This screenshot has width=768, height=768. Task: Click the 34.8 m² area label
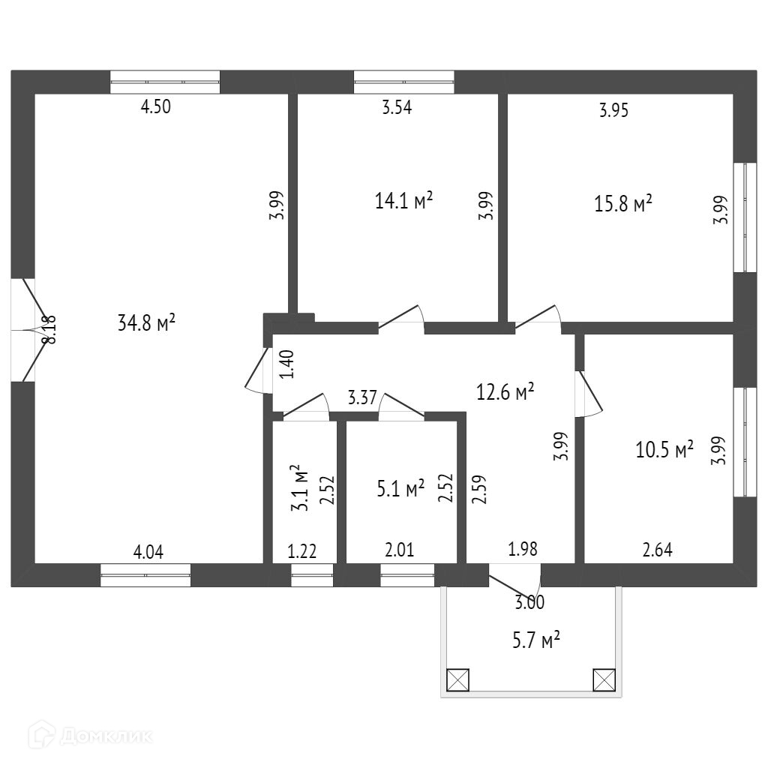click(147, 323)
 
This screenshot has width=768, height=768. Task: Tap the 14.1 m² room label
click(403, 201)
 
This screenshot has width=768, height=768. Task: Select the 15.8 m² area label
click(623, 204)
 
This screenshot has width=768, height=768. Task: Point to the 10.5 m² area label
click(664, 450)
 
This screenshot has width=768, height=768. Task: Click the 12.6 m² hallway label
click(505, 391)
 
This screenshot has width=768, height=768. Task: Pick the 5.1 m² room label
click(400, 490)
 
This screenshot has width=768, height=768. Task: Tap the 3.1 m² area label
click(301, 487)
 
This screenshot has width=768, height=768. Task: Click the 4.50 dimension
click(156, 106)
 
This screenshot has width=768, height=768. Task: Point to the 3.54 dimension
click(397, 106)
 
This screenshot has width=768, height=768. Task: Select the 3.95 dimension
click(613, 111)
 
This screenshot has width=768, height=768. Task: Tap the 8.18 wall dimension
click(49, 329)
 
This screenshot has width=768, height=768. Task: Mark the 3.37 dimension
click(361, 397)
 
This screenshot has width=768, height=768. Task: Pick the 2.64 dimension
click(658, 550)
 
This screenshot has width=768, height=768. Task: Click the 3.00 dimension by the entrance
click(530, 601)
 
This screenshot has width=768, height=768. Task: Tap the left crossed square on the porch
click(457, 679)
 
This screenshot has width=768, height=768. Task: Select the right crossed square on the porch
click(604, 679)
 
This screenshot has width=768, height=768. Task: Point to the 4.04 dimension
click(148, 553)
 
